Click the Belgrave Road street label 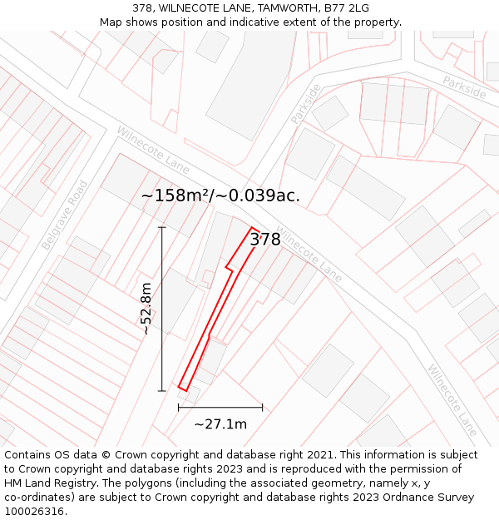pyautogui.click(x=65, y=215)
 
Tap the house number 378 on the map pyautogui.click(x=265, y=240)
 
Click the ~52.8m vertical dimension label pyautogui.click(x=146, y=309)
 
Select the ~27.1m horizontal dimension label pyautogui.click(x=220, y=424)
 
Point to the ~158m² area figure pyautogui.click(x=175, y=196)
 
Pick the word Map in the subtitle pyautogui.click(x=111, y=22)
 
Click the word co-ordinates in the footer pyautogui.click(x=39, y=498)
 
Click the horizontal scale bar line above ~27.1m pyautogui.click(x=220, y=408)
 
